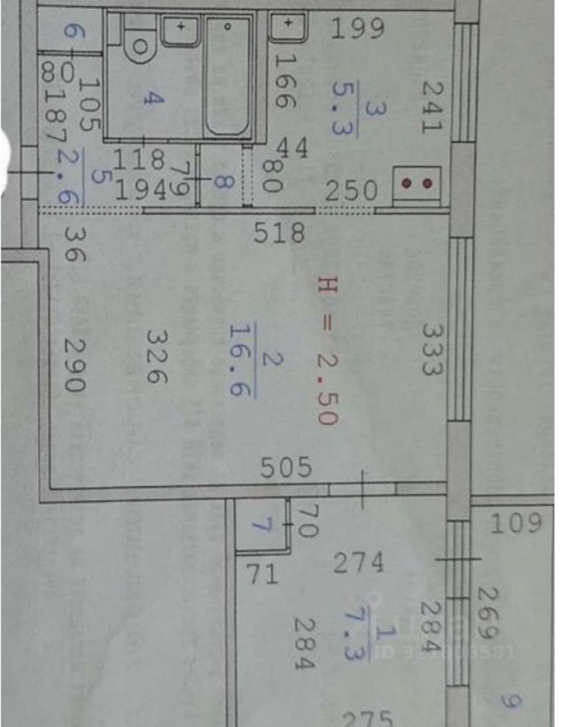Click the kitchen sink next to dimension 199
(288, 27)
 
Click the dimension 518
(280, 232)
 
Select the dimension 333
(433, 349)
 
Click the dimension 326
(157, 356)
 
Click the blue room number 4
(155, 98)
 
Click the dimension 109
(515, 523)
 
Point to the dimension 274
(358, 563)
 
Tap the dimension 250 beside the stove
(351, 190)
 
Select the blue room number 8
(220, 182)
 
